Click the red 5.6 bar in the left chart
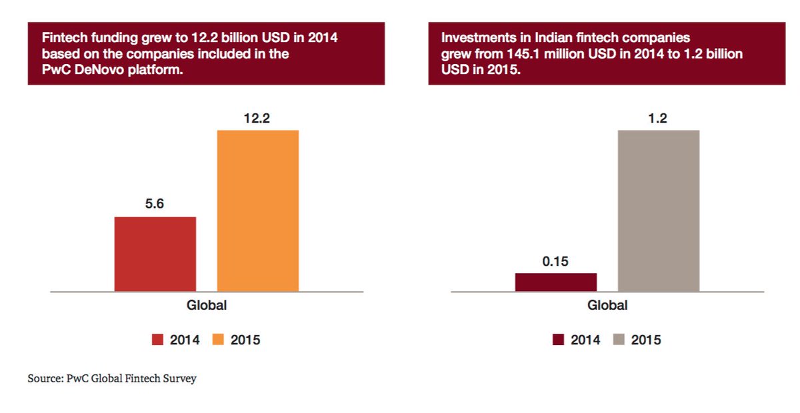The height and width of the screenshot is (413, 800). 155,254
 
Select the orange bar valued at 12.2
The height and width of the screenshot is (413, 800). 257,210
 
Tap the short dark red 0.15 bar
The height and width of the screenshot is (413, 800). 555,282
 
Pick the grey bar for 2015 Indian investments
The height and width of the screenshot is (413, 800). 658,210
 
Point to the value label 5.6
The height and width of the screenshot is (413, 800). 155,205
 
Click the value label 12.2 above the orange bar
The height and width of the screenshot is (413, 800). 257,119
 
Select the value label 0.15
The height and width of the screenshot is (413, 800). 555,261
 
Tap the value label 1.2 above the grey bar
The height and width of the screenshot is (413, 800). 658,119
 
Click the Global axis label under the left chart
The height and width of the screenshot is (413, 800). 206,306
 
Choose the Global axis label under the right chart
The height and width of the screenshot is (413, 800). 607,306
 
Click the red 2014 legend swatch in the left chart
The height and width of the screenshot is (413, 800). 157,340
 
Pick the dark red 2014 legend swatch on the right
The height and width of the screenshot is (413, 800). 558,340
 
